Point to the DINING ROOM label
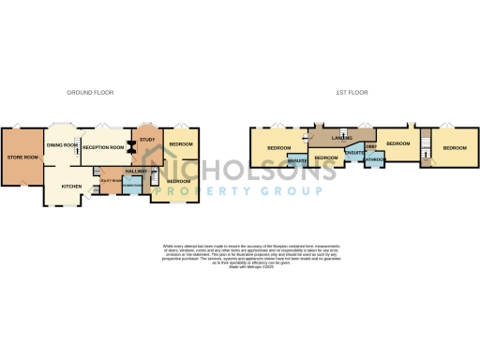point(62,144)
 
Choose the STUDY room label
point(146,140)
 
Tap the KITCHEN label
point(71,187)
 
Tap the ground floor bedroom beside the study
point(180,143)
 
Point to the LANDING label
point(328,139)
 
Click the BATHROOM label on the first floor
point(375,159)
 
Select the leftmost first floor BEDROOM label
point(279,148)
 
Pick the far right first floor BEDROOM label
point(455,148)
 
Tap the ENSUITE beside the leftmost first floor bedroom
point(298,161)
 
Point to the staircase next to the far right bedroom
point(425,147)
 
